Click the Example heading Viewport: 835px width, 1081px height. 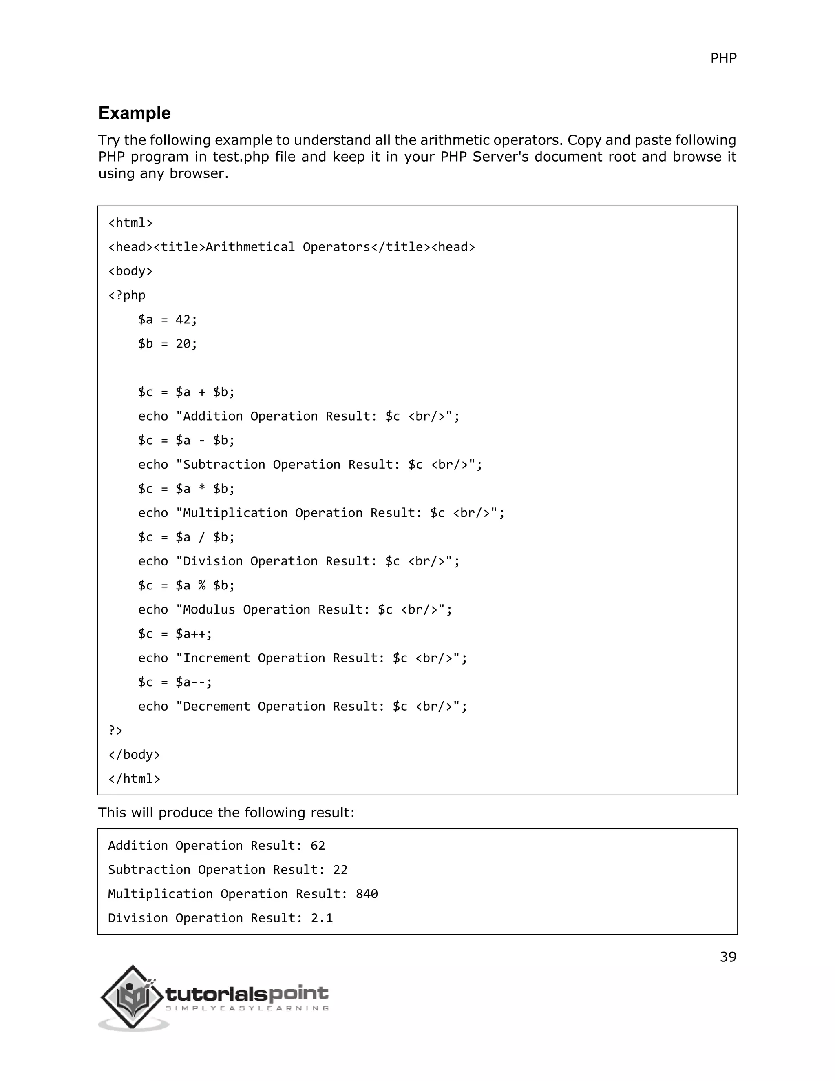pos(135,113)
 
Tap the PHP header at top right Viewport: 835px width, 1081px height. pos(723,58)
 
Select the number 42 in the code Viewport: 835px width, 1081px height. pos(183,320)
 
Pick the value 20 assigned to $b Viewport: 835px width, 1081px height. pos(183,344)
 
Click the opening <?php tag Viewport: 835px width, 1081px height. pos(127,295)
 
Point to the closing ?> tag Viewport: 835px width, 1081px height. pos(115,731)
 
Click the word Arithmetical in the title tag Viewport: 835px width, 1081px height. pos(250,247)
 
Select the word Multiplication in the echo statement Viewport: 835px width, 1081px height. pos(236,513)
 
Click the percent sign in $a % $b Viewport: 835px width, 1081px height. pos(202,585)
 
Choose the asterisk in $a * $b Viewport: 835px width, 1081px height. pos(202,489)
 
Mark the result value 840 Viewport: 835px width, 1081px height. pos(367,894)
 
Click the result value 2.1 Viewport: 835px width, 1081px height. pos(322,918)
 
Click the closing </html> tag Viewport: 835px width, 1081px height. pos(134,779)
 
